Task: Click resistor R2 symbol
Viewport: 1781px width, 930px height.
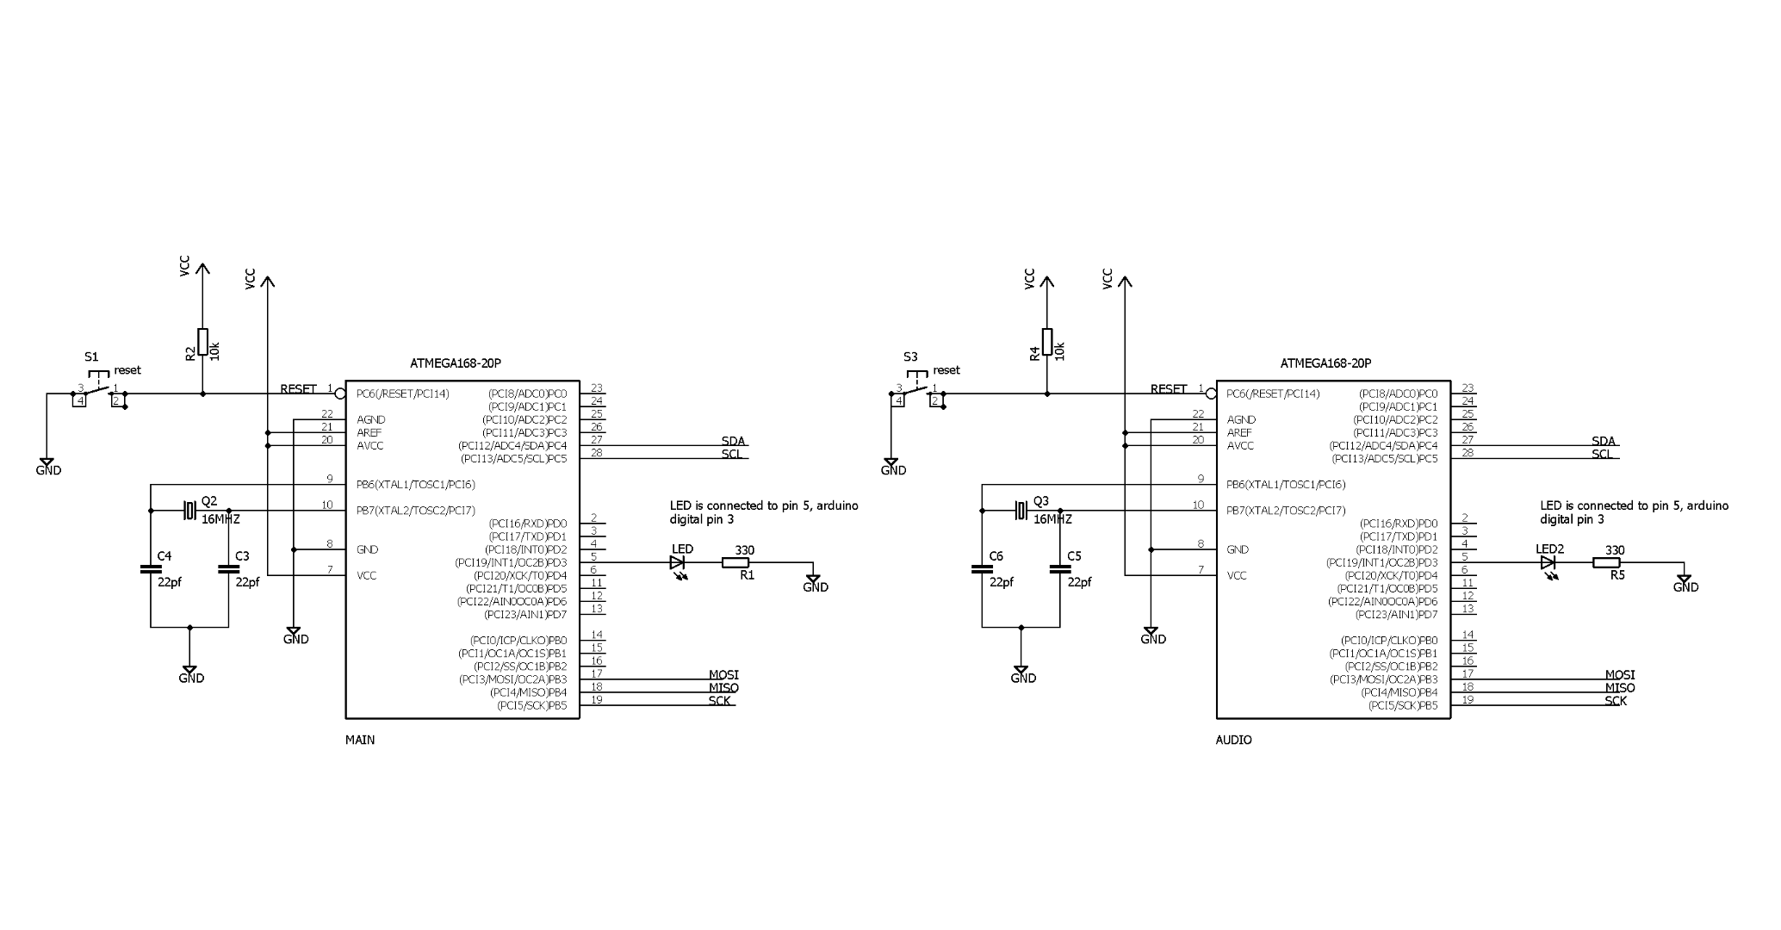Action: click(x=202, y=341)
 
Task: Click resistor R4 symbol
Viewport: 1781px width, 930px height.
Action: click(x=1047, y=341)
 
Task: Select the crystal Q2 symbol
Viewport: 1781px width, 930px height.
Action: click(x=190, y=511)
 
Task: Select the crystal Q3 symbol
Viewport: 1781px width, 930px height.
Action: click(x=1021, y=511)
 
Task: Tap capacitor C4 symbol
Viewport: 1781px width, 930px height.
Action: click(x=151, y=569)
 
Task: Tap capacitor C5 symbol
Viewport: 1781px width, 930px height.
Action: click(x=1060, y=569)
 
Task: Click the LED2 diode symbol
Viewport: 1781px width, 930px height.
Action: click(x=1548, y=563)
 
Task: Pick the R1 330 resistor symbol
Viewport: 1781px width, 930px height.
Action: click(x=735, y=563)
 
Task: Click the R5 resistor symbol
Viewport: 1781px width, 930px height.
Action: click(x=1605, y=563)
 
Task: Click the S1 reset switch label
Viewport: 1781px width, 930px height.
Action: click(x=91, y=356)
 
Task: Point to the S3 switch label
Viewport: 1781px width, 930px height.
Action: click(x=910, y=356)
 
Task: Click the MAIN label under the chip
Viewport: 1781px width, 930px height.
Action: click(x=360, y=740)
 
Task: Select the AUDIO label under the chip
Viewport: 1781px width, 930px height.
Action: click(x=1233, y=740)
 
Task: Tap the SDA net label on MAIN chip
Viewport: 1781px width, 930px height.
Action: click(x=733, y=441)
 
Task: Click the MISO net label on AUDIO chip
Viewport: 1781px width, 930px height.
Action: click(x=1619, y=688)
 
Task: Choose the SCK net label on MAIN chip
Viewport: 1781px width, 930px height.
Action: click(x=720, y=701)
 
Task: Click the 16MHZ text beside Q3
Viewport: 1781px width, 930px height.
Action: click(x=1052, y=519)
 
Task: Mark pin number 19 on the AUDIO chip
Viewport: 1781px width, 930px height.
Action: click(x=1468, y=699)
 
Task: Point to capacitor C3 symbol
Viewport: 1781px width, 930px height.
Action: click(x=228, y=569)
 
